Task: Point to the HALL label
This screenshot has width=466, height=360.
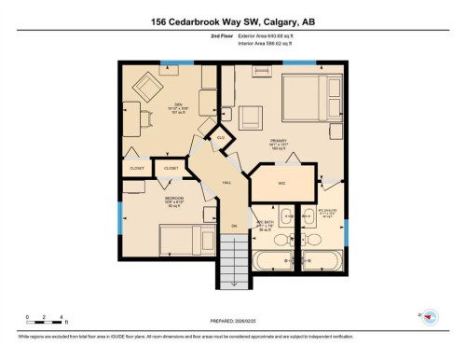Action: tap(226, 183)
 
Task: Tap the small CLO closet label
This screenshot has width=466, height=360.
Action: tap(220, 138)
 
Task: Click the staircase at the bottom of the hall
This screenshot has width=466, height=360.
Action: tap(236, 260)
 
